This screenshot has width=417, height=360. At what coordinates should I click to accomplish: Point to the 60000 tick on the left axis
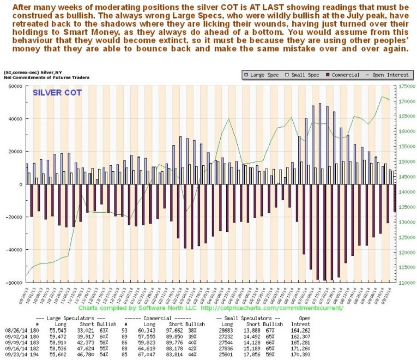coord(12,86)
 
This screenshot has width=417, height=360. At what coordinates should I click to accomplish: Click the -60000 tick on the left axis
coord(11,283)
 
